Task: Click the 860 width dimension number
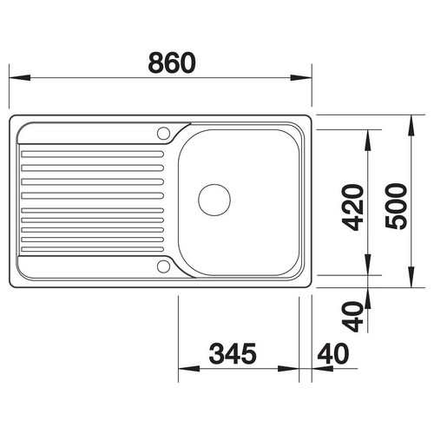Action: [172, 62]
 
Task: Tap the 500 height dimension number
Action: [397, 206]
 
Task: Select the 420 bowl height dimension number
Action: [352, 207]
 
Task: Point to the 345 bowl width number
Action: [233, 353]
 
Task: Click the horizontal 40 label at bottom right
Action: [333, 353]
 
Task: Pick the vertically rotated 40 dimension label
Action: [352, 317]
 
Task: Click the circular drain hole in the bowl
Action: [214, 200]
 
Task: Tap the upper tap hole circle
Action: [163, 134]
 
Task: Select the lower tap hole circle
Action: [163, 266]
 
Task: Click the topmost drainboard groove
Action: [93, 154]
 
